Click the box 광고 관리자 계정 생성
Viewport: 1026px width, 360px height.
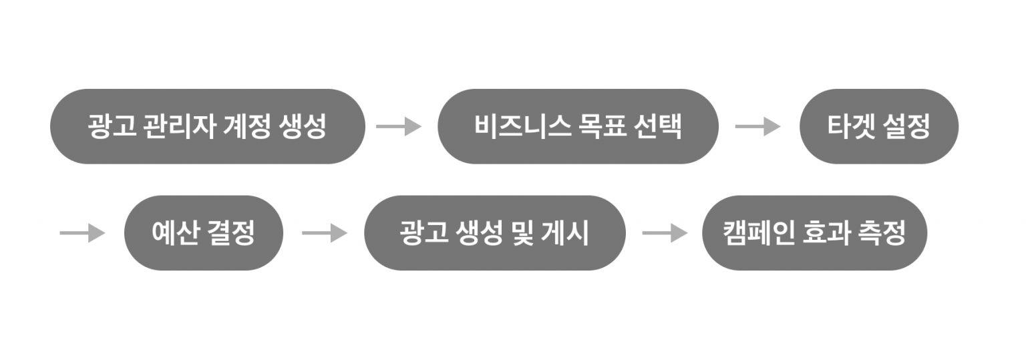click(207, 126)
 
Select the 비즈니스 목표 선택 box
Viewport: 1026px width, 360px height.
click(578, 126)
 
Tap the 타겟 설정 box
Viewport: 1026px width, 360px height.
click(878, 126)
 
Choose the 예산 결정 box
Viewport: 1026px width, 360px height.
click(203, 233)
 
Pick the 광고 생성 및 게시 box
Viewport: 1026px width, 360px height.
click(494, 233)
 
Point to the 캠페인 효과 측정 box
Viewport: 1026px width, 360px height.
click(814, 233)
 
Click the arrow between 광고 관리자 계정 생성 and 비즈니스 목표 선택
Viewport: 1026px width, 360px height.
click(399, 126)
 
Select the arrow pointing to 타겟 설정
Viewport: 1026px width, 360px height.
click(757, 126)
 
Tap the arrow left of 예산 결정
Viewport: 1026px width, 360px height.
click(82, 233)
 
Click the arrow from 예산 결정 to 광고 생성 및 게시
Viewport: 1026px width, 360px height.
click(325, 233)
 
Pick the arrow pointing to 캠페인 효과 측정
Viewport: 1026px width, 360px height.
click(665, 233)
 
